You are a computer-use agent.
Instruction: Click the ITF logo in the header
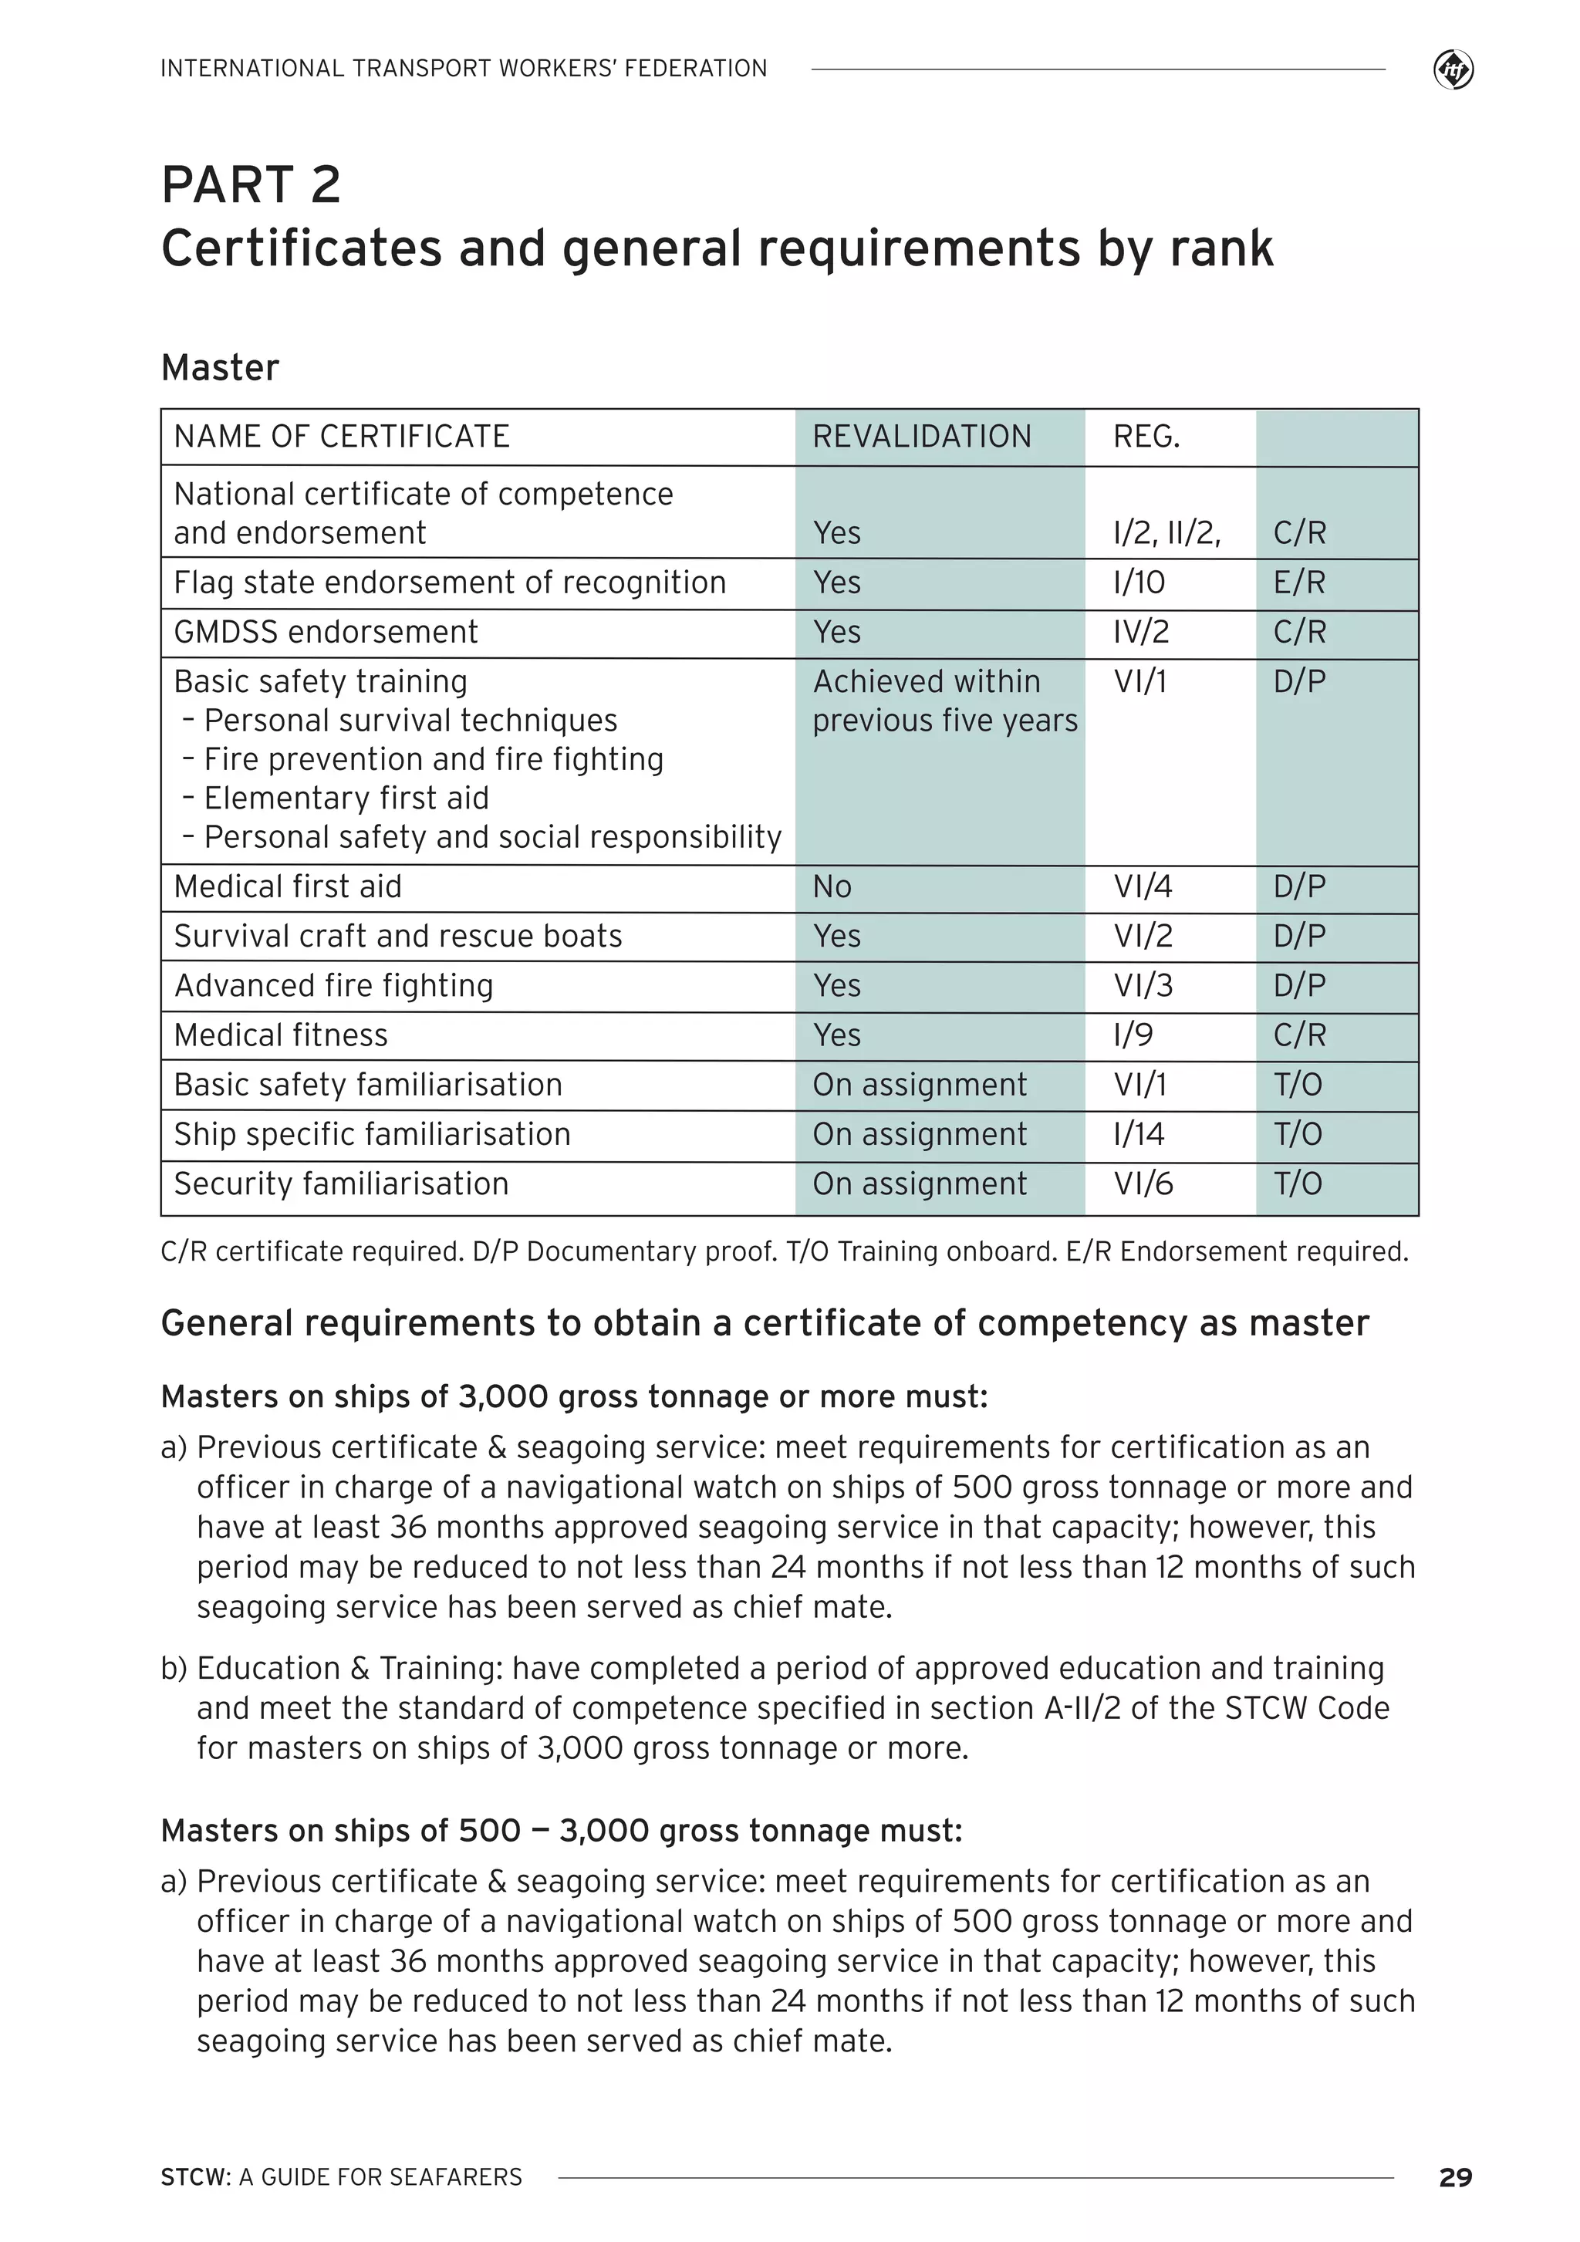coord(1453,70)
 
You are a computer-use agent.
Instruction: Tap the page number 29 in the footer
coord(1455,2176)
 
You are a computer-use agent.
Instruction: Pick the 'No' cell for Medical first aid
coord(832,886)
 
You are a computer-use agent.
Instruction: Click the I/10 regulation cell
coord(1139,583)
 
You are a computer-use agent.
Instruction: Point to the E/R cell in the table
coord(1298,583)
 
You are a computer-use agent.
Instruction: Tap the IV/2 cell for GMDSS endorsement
coord(1140,632)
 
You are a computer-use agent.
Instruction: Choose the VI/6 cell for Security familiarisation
coord(1143,1183)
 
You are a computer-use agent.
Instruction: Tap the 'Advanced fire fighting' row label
coord(334,985)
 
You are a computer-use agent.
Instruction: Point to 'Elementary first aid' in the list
coord(346,798)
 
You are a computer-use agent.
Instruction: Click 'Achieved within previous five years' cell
coord(944,701)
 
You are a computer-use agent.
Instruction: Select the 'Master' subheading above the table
coord(220,368)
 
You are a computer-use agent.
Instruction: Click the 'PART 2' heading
coord(251,184)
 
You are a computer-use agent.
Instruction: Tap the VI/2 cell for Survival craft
coord(1143,936)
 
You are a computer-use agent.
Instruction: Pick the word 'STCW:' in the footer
coord(195,2176)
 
